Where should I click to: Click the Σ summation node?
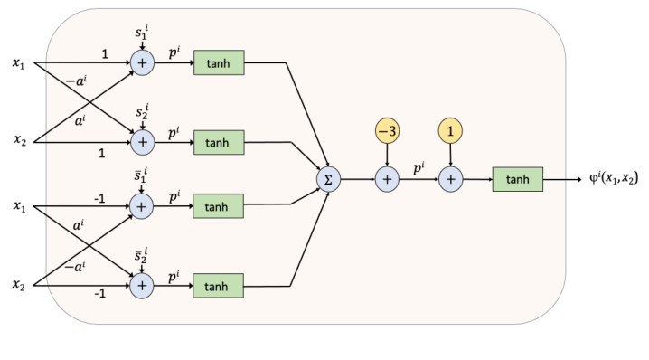[327, 179]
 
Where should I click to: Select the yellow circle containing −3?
[387, 131]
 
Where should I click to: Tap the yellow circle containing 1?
[450, 131]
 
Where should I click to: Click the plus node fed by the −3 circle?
[387, 179]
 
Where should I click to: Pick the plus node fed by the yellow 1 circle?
[450, 179]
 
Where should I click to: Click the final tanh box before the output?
[517, 179]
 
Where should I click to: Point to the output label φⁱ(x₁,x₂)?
[607, 179]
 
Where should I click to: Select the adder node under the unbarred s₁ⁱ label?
[142, 62]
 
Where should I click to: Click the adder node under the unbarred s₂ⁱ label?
[142, 142]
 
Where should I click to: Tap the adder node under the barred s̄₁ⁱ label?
[142, 206]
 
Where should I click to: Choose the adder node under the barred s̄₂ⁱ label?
[142, 286]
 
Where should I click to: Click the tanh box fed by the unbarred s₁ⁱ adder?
[217, 62]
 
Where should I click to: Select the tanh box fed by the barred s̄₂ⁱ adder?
[217, 286]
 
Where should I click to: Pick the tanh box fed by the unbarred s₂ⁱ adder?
[217, 142]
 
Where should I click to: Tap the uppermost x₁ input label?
[19, 62]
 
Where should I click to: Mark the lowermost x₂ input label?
[19, 286]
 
